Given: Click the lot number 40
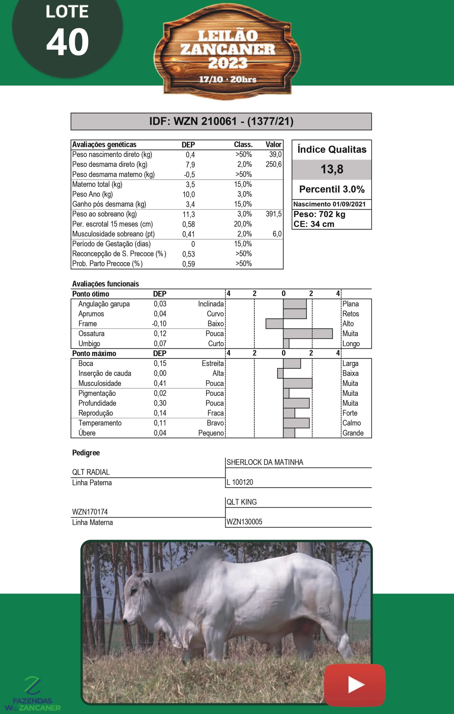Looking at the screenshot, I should point(67,42).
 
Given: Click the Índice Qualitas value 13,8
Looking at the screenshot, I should point(332,169).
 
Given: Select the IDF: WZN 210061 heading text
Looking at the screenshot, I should point(221,121).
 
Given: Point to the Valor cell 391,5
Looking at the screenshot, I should point(273,214).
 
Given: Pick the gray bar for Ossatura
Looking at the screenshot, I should point(308,334).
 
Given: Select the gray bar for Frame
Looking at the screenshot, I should point(275,324).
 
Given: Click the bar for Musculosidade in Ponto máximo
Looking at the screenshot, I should point(298,383).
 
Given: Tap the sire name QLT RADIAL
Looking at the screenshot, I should point(91,472).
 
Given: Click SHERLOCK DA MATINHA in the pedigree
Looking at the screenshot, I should point(265,462).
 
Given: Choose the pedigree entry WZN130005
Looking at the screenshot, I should point(244,522).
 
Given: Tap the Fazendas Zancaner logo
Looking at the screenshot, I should point(33,694).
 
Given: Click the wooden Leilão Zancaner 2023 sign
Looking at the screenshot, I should point(227,53).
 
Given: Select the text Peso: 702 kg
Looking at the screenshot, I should point(319,214).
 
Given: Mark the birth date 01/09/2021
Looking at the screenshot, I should point(349,204).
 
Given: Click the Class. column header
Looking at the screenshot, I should point(243,145).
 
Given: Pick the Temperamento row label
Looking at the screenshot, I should point(100,423).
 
